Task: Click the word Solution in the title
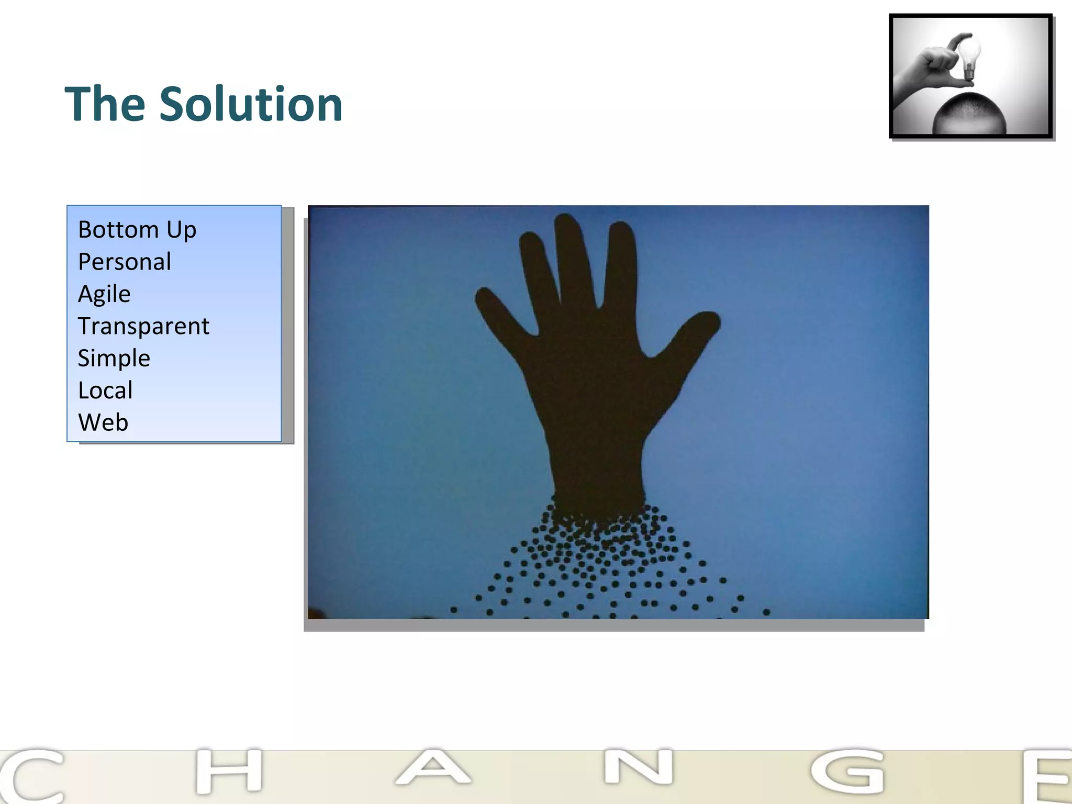tap(251, 104)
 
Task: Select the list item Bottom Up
tap(137, 230)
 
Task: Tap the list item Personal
tap(125, 262)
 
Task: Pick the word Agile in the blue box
tap(104, 294)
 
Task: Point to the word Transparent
tap(143, 326)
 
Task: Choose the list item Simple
tap(114, 359)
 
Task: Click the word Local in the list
tap(105, 390)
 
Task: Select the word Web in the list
tap(103, 422)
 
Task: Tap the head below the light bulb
tap(969, 113)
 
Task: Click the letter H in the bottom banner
tap(229, 770)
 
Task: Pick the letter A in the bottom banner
tap(433, 768)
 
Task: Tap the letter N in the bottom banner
tap(639, 768)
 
